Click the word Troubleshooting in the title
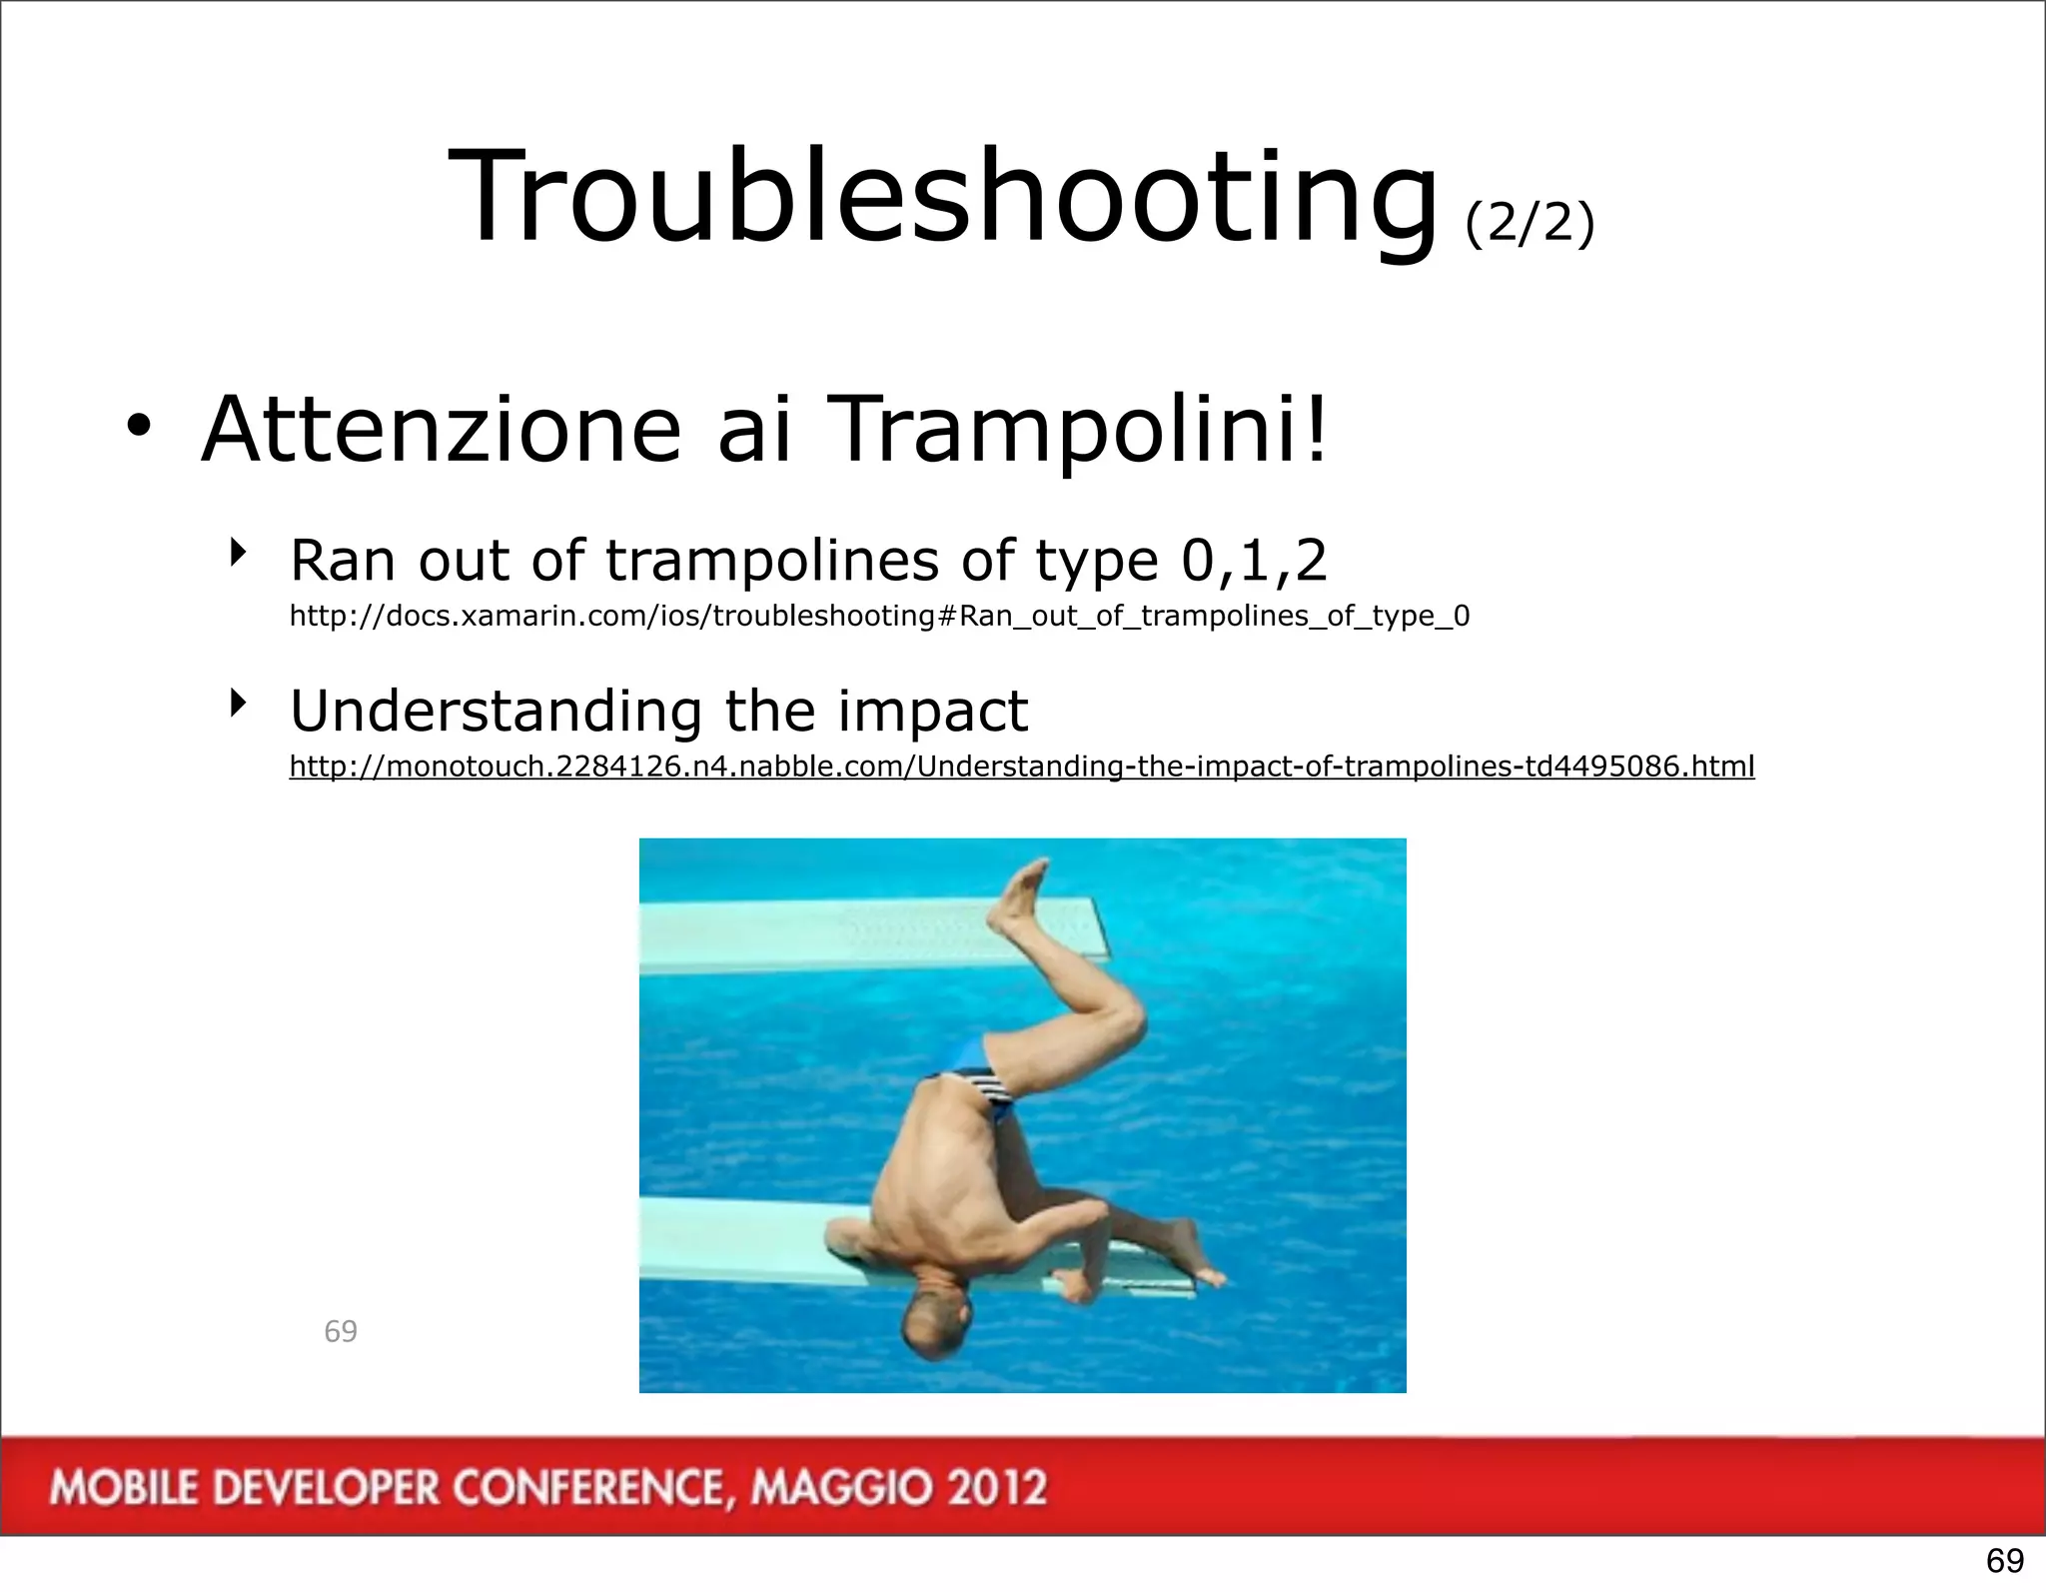click(941, 197)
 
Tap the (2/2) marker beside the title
click(1529, 222)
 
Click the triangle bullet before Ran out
click(237, 552)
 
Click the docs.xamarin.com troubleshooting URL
click(879, 616)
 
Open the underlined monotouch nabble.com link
click(1021, 767)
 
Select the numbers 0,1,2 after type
click(1254, 560)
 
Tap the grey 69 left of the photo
click(341, 1331)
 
